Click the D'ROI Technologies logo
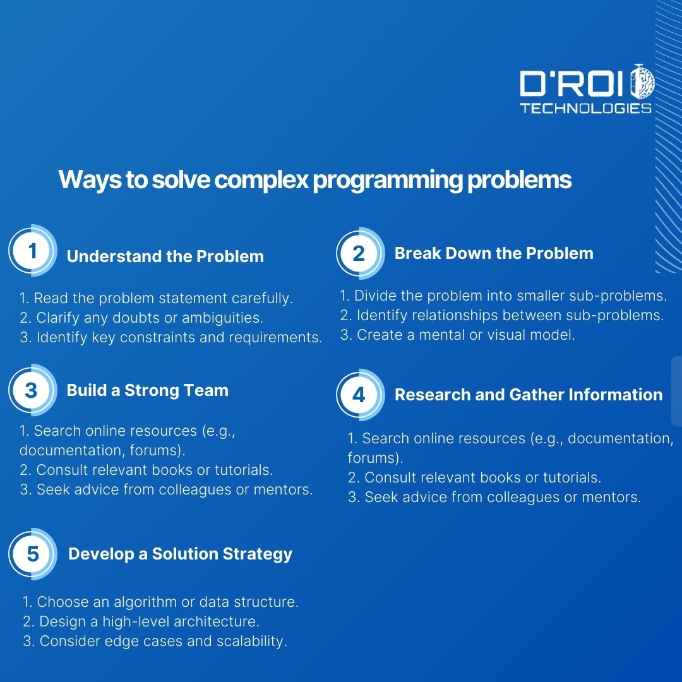point(586,91)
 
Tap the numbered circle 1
point(32,251)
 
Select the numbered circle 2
point(359,253)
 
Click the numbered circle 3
point(32,390)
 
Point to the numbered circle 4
point(359,395)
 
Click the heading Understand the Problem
point(165,256)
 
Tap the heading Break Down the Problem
point(493,253)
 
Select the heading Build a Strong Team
point(147,390)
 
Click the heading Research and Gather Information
point(528,395)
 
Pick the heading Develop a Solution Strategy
point(180,554)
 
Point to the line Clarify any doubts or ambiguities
point(141,318)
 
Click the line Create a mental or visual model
point(457,335)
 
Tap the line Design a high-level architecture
point(141,621)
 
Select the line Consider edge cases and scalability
point(155,641)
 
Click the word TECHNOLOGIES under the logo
point(585,109)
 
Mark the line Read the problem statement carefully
point(157,298)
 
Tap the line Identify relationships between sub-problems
point(502,315)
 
